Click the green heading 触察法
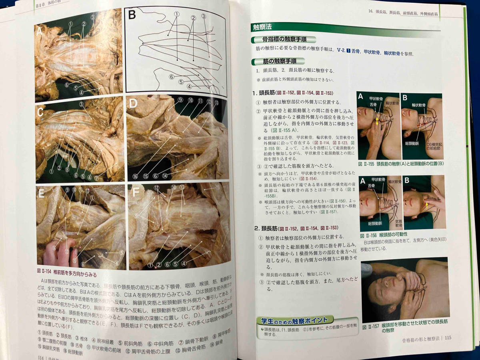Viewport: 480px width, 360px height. pos(262,28)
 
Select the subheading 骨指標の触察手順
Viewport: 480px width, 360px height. pos(282,40)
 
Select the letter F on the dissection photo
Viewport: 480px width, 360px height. pos(136,192)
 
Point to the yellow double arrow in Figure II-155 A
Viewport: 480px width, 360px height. pos(376,121)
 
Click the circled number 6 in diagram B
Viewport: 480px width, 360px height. pos(171,76)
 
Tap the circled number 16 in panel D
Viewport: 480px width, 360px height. pos(135,176)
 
